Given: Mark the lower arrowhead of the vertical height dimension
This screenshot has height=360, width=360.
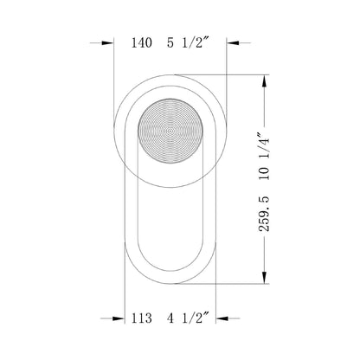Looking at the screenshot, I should [262, 280].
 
